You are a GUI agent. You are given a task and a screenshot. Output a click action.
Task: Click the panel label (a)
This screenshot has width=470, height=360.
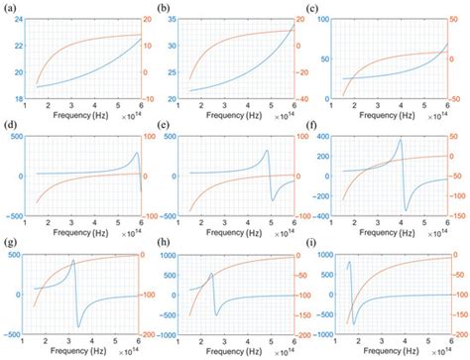10,7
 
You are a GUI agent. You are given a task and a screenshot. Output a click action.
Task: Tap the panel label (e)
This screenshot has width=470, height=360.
167,126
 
